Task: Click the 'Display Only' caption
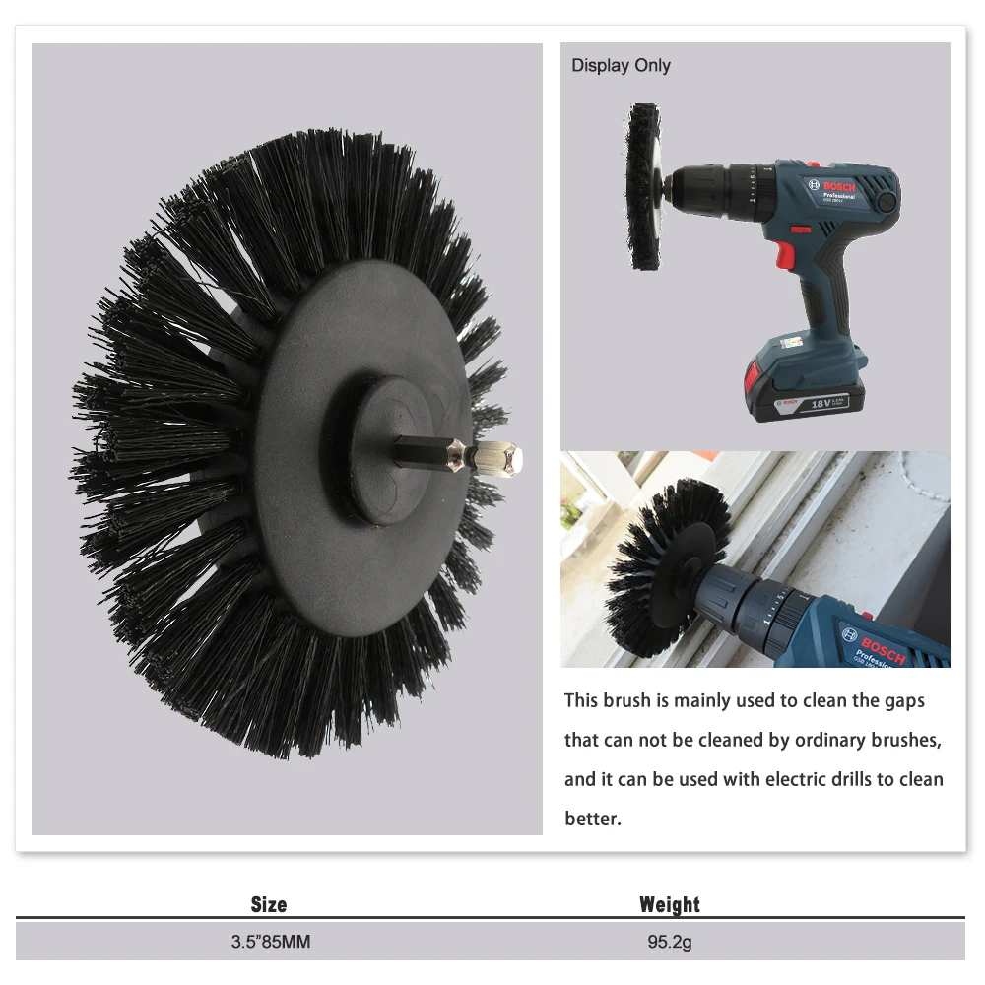[621, 65]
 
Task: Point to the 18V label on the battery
[821, 403]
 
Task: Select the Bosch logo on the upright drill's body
[831, 186]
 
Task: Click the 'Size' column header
[269, 904]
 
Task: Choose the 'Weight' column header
[670, 904]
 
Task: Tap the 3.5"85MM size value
[271, 942]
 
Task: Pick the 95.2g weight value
[670, 942]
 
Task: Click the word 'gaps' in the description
[904, 701]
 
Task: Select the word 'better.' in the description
[593, 819]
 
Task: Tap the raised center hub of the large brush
[391, 450]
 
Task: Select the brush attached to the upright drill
[644, 186]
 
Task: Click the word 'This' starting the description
[581, 700]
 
